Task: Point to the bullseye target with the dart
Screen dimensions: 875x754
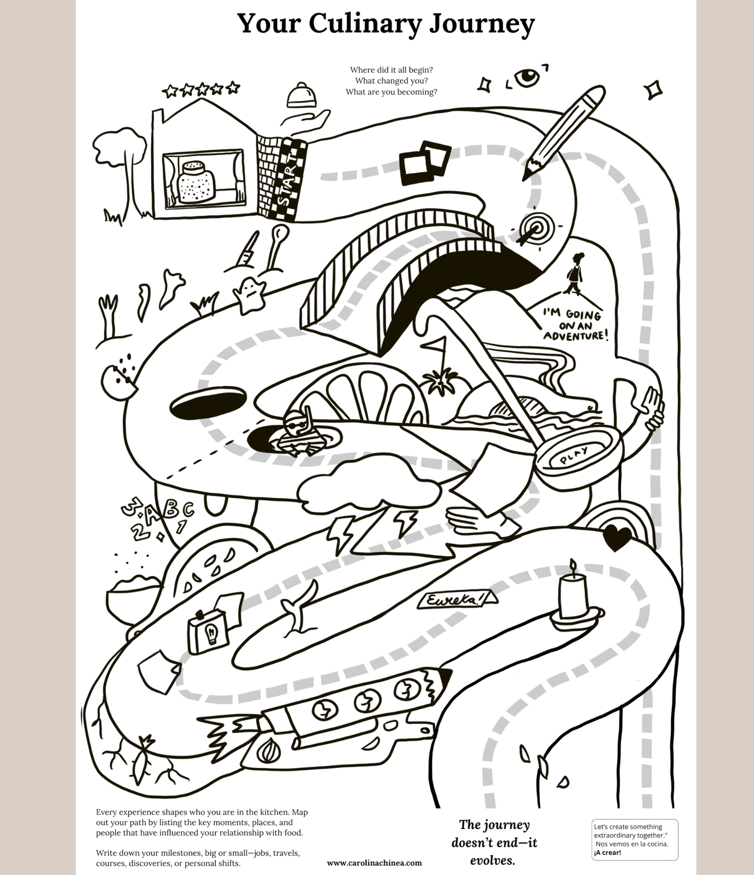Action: point(536,228)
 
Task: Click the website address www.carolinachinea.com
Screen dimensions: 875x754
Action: point(374,862)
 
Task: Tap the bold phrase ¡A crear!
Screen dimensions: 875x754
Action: point(607,852)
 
